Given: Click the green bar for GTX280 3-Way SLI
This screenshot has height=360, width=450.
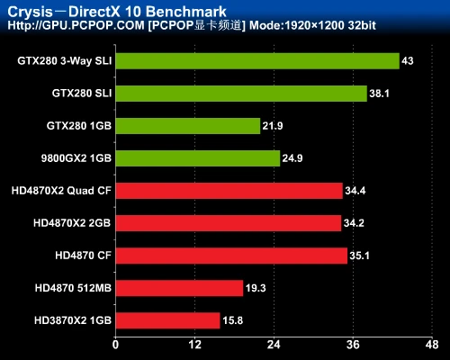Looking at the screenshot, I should (x=256, y=61).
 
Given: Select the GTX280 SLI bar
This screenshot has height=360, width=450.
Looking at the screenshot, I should (x=240, y=94).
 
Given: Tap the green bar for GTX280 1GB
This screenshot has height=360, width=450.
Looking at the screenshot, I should (x=187, y=126).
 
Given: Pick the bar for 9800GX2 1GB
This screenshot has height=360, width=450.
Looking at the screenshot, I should (x=197, y=158).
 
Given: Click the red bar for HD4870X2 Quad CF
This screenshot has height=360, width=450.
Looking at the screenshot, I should (x=229, y=191).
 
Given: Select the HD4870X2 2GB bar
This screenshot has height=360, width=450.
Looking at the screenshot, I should (x=228, y=223).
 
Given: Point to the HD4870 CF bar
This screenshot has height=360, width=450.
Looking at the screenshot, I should (x=230, y=256).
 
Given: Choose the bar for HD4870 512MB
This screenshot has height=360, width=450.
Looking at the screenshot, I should (x=178, y=288).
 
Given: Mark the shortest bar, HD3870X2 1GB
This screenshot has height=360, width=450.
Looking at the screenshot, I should (x=167, y=320).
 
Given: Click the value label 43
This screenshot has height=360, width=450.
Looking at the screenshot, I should (x=408, y=62).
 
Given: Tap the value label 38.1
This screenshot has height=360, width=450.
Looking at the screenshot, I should (x=380, y=94).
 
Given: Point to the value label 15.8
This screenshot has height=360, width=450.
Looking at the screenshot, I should (x=232, y=321).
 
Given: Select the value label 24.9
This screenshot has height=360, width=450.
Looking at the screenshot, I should (x=293, y=159).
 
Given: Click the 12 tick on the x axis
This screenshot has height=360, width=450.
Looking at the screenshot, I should (x=194, y=345).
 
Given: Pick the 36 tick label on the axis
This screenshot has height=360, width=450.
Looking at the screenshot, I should (x=354, y=345).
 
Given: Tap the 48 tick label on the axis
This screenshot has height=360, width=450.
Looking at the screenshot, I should (x=433, y=345).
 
